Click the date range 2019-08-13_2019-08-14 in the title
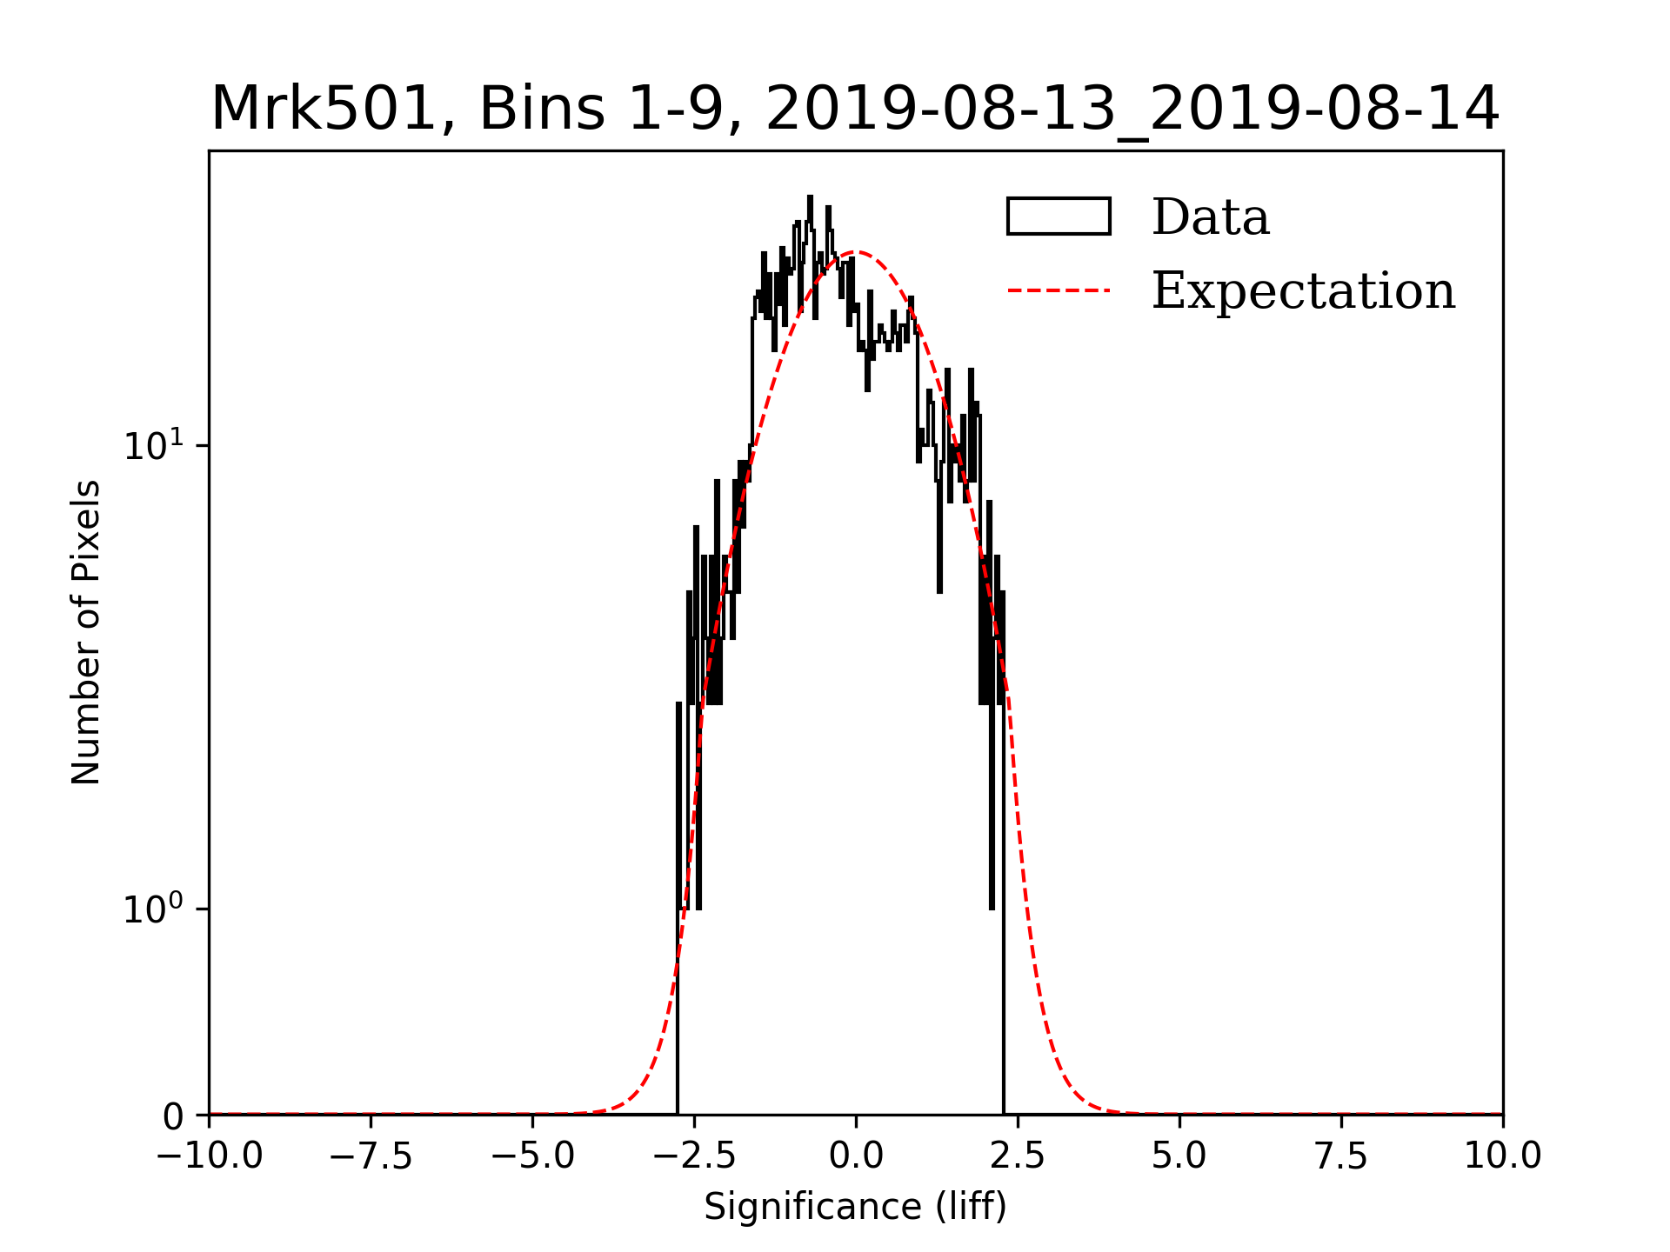coord(1132,110)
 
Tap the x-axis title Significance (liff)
coord(855,1207)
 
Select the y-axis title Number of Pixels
coord(86,632)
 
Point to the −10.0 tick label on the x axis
coord(210,1156)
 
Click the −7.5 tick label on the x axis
coord(371,1156)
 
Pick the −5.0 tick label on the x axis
coord(533,1156)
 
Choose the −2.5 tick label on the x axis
coord(695,1156)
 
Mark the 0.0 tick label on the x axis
coord(856,1156)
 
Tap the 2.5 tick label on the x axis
coord(1018,1156)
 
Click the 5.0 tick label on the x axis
coord(1179,1156)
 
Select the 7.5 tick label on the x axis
coord(1341,1156)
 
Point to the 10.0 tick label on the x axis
coord(1503,1156)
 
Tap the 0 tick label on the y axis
coord(173,1117)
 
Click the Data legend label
coord(1210,217)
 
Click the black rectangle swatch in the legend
coord(1059,216)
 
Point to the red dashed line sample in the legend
coord(1059,290)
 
